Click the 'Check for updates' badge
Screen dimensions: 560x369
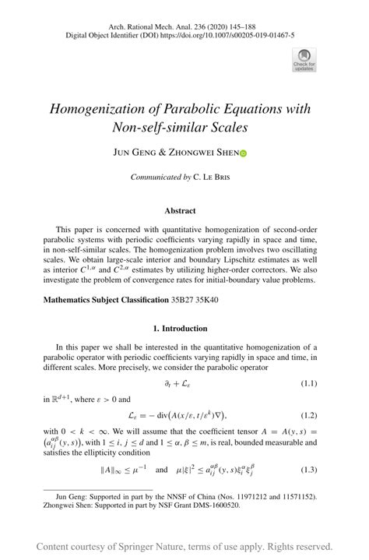(304, 59)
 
